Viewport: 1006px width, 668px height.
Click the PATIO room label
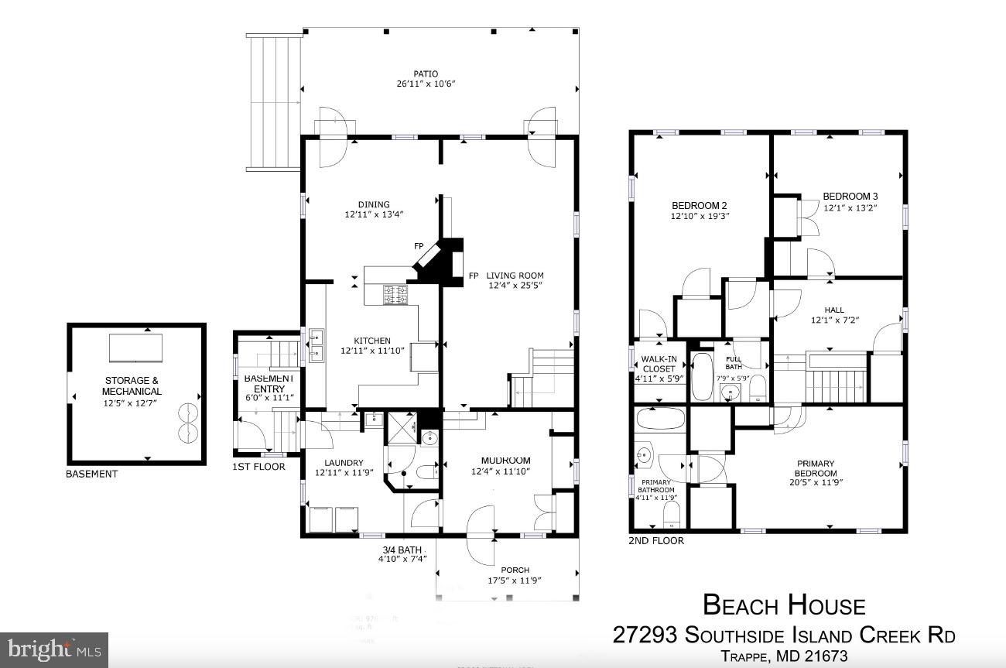click(425, 74)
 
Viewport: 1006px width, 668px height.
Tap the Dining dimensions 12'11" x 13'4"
click(375, 214)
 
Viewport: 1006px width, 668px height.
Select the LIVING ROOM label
click(515, 276)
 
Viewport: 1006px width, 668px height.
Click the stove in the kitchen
click(395, 294)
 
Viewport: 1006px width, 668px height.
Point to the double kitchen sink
click(317, 346)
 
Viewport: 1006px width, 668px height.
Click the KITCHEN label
click(372, 341)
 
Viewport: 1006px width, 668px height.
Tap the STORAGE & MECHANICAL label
click(132, 385)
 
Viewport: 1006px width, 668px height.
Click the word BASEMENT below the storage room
click(91, 474)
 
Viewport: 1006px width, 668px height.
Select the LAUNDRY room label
click(344, 463)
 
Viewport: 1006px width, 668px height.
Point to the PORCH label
click(515, 570)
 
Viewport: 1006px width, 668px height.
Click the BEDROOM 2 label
click(699, 206)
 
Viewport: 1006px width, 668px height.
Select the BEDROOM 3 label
click(850, 197)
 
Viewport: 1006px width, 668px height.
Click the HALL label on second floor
click(834, 310)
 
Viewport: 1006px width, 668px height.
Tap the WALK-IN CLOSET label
click(659, 364)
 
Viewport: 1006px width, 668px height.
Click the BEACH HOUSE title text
click(783, 605)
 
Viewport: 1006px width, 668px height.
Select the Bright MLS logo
click(54, 649)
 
